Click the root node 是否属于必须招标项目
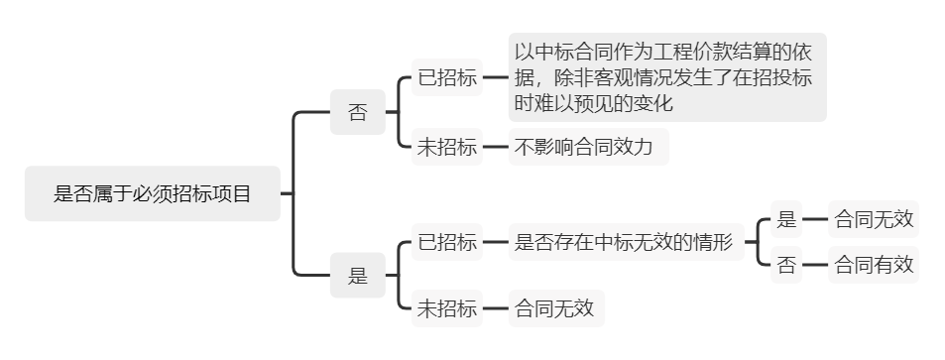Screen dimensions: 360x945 coord(152,193)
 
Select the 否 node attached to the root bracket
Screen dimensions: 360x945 coord(357,112)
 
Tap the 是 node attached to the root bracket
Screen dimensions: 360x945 coord(357,277)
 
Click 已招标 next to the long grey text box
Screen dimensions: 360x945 coord(447,78)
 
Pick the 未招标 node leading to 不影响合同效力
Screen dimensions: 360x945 coord(447,148)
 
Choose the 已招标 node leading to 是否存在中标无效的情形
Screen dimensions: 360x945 coord(447,243)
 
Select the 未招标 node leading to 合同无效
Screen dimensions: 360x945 coord(447,307)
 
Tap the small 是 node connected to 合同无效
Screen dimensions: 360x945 coord(786,220)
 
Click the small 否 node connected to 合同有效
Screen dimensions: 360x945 coord(786,265)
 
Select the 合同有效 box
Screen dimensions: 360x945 coord(874,265)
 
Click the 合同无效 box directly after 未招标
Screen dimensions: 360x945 coord(554,307)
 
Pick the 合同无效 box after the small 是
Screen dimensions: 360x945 coord(874,220)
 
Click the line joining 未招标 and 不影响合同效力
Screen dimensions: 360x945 coord(495,148)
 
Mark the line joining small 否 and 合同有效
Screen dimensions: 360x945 coord(815,265)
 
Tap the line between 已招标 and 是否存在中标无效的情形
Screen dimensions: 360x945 coord(495,243)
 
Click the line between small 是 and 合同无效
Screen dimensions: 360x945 coord(815,220)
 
